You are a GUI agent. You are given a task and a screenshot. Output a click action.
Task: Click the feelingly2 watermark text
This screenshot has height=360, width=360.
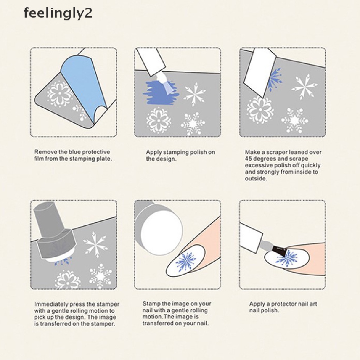point(58,14)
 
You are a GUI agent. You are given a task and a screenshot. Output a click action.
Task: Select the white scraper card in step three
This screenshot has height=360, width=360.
point(259,71)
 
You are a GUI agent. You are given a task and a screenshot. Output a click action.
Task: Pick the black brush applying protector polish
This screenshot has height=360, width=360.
point(279,251)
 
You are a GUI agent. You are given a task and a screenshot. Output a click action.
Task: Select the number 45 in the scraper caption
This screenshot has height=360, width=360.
point(249,159)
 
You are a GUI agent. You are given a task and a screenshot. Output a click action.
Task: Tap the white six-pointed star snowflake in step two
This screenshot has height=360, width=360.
point(195,94)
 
